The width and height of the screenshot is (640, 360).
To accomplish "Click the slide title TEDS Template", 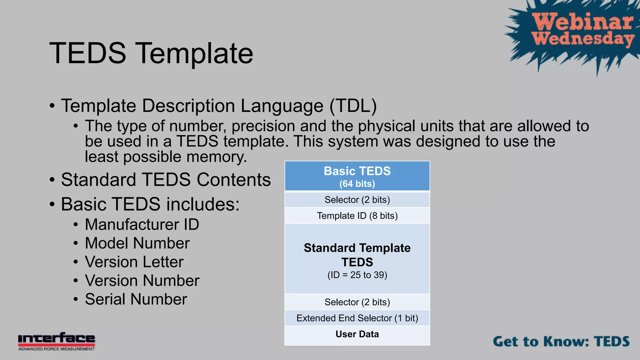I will [151, 53].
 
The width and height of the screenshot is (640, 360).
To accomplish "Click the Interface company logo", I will [57, 341].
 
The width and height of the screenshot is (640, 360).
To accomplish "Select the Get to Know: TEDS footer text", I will [561, 341].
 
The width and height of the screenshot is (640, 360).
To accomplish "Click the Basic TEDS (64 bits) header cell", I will [357, 176].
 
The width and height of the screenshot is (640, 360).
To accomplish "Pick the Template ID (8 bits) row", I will [357, 216].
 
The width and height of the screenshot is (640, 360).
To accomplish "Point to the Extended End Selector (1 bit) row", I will [357, 318].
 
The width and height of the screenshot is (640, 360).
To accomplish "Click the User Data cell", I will [357, 334].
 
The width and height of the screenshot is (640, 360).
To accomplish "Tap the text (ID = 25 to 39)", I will [357, 275].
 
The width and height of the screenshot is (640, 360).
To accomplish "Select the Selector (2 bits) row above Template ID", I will [357, 200].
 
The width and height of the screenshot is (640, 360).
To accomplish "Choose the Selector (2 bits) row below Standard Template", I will [357, 302].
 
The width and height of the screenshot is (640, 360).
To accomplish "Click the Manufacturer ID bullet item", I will [142, 224].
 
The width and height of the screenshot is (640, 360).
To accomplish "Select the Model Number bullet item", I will [137, 243].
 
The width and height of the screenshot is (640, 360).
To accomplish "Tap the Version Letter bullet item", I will [134, 262].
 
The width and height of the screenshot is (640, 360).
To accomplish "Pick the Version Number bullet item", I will [142, 281].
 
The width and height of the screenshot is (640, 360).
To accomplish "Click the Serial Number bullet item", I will [136, 299].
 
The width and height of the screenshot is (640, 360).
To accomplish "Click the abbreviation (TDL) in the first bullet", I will [353, 106].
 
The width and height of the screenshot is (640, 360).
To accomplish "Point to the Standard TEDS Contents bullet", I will [166, 180].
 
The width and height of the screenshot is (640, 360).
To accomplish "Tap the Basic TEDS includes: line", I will [150, 204].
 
